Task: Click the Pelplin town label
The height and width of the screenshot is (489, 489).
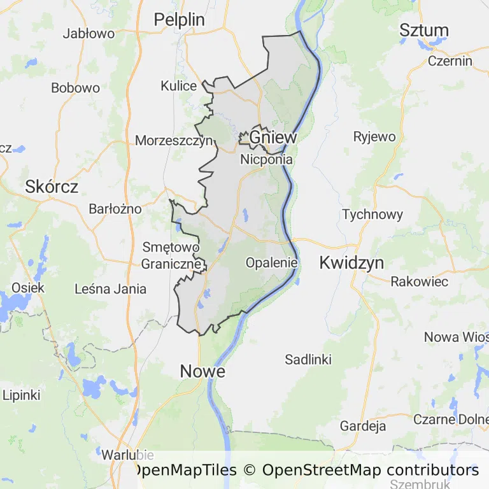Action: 180,20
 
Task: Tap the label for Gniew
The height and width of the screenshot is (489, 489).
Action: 273,138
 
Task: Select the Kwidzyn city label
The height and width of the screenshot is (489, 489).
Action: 352,262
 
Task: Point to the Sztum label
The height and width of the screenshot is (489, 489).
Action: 424,30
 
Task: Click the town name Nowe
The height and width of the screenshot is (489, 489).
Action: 202,371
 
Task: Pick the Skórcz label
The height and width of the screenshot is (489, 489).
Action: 52,187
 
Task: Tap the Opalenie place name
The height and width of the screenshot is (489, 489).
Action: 272,262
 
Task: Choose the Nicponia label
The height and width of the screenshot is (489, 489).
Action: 266,160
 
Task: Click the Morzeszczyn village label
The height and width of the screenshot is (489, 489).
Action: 173,141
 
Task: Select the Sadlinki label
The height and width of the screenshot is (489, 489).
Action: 308,360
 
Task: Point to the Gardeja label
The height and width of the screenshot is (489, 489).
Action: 363,425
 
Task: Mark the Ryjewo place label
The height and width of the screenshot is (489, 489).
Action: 374,136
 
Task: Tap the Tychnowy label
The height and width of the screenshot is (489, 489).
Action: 372,215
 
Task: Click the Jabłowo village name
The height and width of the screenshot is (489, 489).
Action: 89,34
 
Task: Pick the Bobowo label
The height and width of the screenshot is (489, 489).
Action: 76,89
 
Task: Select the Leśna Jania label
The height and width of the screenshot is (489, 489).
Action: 111,289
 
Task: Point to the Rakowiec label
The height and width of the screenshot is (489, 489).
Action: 420,281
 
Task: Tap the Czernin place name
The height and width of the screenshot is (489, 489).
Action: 450,61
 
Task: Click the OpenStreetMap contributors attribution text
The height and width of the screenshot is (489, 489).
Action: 371,471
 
